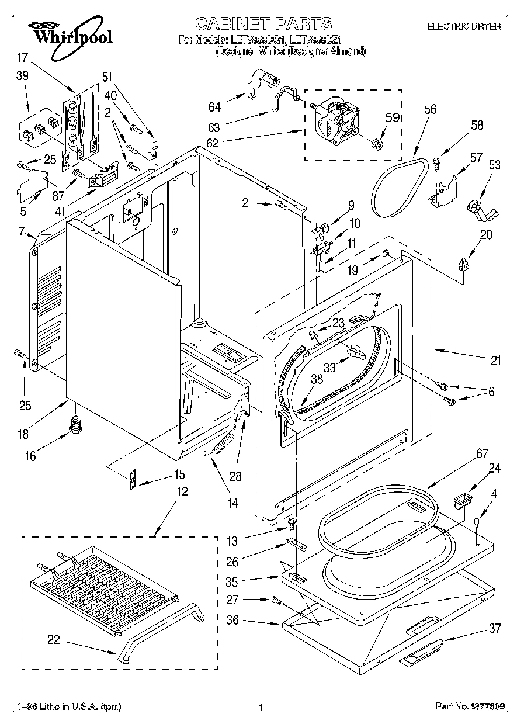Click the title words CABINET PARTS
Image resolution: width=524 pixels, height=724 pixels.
point(263,24)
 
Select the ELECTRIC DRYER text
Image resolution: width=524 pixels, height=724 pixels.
point(464,26)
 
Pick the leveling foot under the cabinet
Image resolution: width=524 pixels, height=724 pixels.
point(74,424)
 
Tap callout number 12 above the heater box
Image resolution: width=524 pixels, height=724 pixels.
point(182,491)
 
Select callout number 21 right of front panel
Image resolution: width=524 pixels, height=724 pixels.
point(495,361)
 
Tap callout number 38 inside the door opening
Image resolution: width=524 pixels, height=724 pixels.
point(317,378)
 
